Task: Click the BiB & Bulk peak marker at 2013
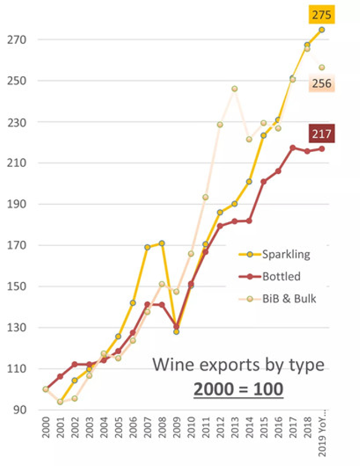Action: (x=234, y=89)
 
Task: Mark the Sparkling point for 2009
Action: (x=176, y=332)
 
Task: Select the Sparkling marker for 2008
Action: (x=162, y=243)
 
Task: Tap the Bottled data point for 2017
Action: (x=292, y=148)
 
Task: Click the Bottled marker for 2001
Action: (x=60, y=376)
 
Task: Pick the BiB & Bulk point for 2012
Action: (x=220, y=125)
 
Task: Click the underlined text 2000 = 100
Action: (x=238, y=389)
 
